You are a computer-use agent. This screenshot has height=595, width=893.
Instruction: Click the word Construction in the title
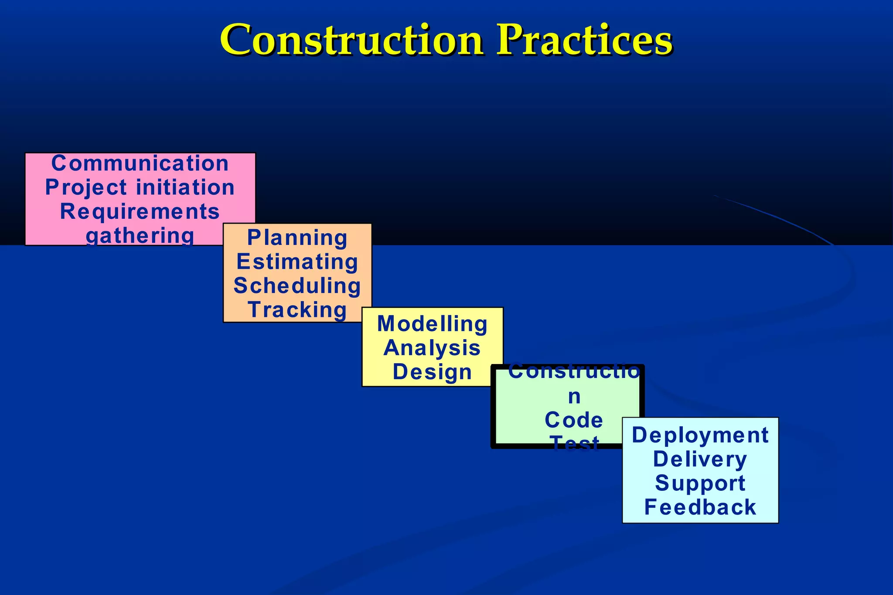click(x=351, y=40)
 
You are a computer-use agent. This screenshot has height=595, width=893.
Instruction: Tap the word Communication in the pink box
click(x=140, y=163)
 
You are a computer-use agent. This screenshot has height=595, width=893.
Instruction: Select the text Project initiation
click(x=140, y=187)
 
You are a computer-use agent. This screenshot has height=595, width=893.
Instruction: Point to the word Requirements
click(x=140, y=212)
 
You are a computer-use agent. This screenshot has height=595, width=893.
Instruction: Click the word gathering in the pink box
click(x=140, y=236)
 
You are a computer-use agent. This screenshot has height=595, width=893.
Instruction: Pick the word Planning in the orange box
click(x=297, y=238)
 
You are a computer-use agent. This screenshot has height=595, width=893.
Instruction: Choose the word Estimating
click(x=297, y=262)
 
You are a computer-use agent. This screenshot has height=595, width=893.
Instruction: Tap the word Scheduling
click(x=297, y=286)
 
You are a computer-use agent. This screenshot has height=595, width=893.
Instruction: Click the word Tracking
click(x=297, y=310)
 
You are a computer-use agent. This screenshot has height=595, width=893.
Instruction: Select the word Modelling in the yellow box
click(x=432, y=324)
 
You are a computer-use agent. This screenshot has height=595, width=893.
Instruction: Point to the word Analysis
click(x=432, y=348)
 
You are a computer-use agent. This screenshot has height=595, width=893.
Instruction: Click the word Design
click(x=432, y=372)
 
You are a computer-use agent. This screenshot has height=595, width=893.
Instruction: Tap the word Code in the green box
click(x=574, y=420)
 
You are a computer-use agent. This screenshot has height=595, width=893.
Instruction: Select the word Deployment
click(x=700, y=435)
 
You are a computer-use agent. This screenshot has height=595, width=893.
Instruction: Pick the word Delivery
click(x=700, y=459)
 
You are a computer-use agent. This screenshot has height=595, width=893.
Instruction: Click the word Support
click(x=700, y=483)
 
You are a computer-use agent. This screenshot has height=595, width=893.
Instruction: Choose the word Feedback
click(x=700, y=507)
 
